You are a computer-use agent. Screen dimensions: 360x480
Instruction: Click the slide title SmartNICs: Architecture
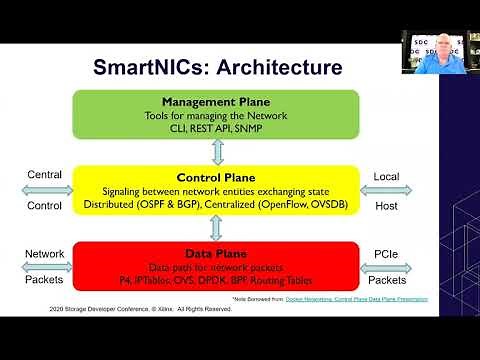coord(217,68)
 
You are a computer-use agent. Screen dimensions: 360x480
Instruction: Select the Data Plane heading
coord(217,254)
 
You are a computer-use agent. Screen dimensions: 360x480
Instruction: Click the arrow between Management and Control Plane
coord(217,151)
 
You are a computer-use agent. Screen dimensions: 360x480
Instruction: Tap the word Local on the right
coord(386,176)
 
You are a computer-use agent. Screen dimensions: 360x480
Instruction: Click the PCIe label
coord(386,254)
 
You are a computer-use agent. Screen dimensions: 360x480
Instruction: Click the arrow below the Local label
coord(386,190)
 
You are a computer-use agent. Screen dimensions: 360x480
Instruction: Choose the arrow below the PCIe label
coord(386,268)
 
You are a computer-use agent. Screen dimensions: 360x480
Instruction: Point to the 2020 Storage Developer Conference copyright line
coord(140,309)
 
